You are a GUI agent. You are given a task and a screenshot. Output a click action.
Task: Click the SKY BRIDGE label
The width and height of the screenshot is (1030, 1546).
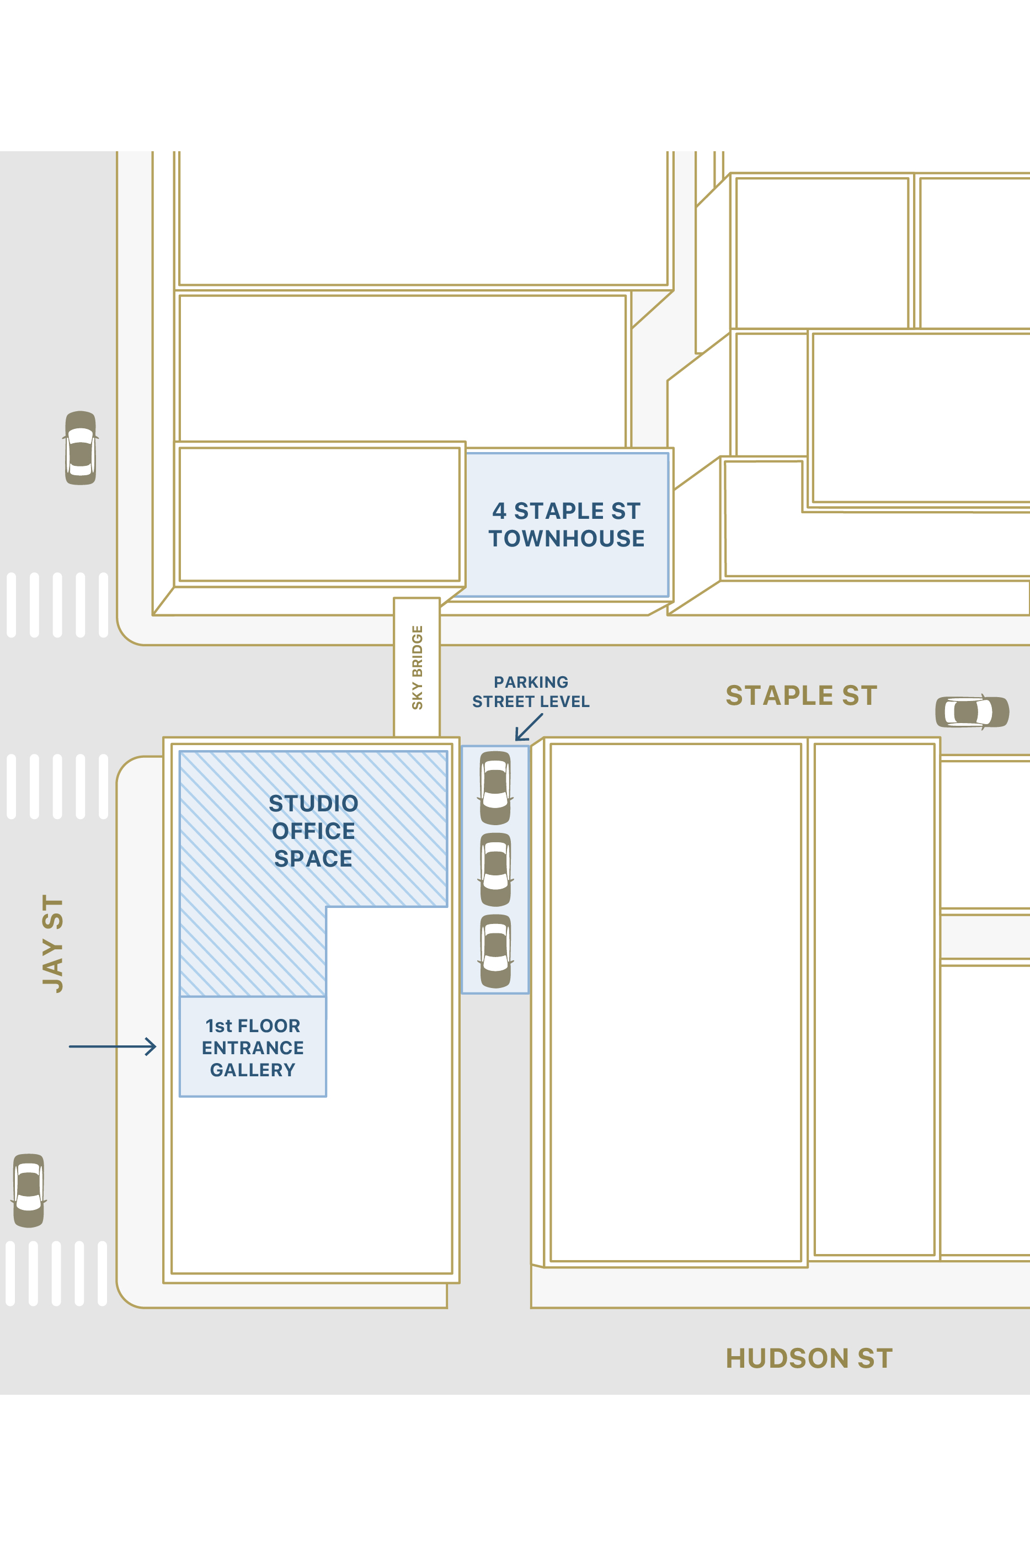pyautogui.click(x=417, y=667)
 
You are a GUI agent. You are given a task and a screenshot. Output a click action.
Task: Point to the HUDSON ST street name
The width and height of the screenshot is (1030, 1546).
pyautogui.click(x=809, y=1358)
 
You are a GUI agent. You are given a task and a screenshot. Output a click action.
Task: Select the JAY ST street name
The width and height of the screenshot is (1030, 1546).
pyautogui.click(x=52, y=943)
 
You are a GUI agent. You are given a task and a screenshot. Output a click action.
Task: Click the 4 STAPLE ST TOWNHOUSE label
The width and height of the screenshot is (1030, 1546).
pyautogui.click(x=566, y=524)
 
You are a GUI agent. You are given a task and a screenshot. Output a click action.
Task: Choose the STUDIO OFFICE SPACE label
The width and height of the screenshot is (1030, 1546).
pyautogui.click(x=313, y=831)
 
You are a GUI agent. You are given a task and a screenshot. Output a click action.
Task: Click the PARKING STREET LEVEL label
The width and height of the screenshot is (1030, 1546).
pyautogui.click(x=531, y=692)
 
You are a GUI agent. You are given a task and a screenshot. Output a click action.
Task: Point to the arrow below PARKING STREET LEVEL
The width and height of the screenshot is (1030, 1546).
pyautogui.click(x=529, y=727)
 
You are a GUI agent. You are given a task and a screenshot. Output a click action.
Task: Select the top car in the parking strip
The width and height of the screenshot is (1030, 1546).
pyautogui.click(x=495, y=787)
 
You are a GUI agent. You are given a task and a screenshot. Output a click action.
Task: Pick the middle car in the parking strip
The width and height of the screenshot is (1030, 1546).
pyautogui.click(x=495, y=869)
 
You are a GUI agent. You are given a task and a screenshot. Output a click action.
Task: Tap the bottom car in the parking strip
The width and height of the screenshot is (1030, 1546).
pyautogui.click(x=495, y=951)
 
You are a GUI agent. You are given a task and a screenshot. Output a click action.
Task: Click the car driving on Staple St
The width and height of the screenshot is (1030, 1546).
pyautogui.click(x=972, y=711)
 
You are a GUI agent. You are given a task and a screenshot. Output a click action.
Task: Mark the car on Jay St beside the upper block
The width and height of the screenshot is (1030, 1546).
pyautogui.click(x=81, y=448)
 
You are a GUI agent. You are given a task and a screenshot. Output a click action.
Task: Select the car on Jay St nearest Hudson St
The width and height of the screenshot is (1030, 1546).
pyautogui.click(x=29, y=1190)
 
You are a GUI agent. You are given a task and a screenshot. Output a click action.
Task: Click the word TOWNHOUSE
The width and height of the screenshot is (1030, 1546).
pyautogui.click(x=566, y=539)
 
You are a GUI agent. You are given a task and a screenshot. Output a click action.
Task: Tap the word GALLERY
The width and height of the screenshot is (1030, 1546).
pyautogui.click(x=253, y=1070)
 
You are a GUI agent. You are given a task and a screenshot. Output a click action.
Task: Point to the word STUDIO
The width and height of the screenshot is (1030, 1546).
pyautogui.click(x=313, y=803)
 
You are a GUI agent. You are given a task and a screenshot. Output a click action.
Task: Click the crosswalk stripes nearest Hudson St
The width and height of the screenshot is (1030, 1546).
pyautogui.click(x=56, y=1273)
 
